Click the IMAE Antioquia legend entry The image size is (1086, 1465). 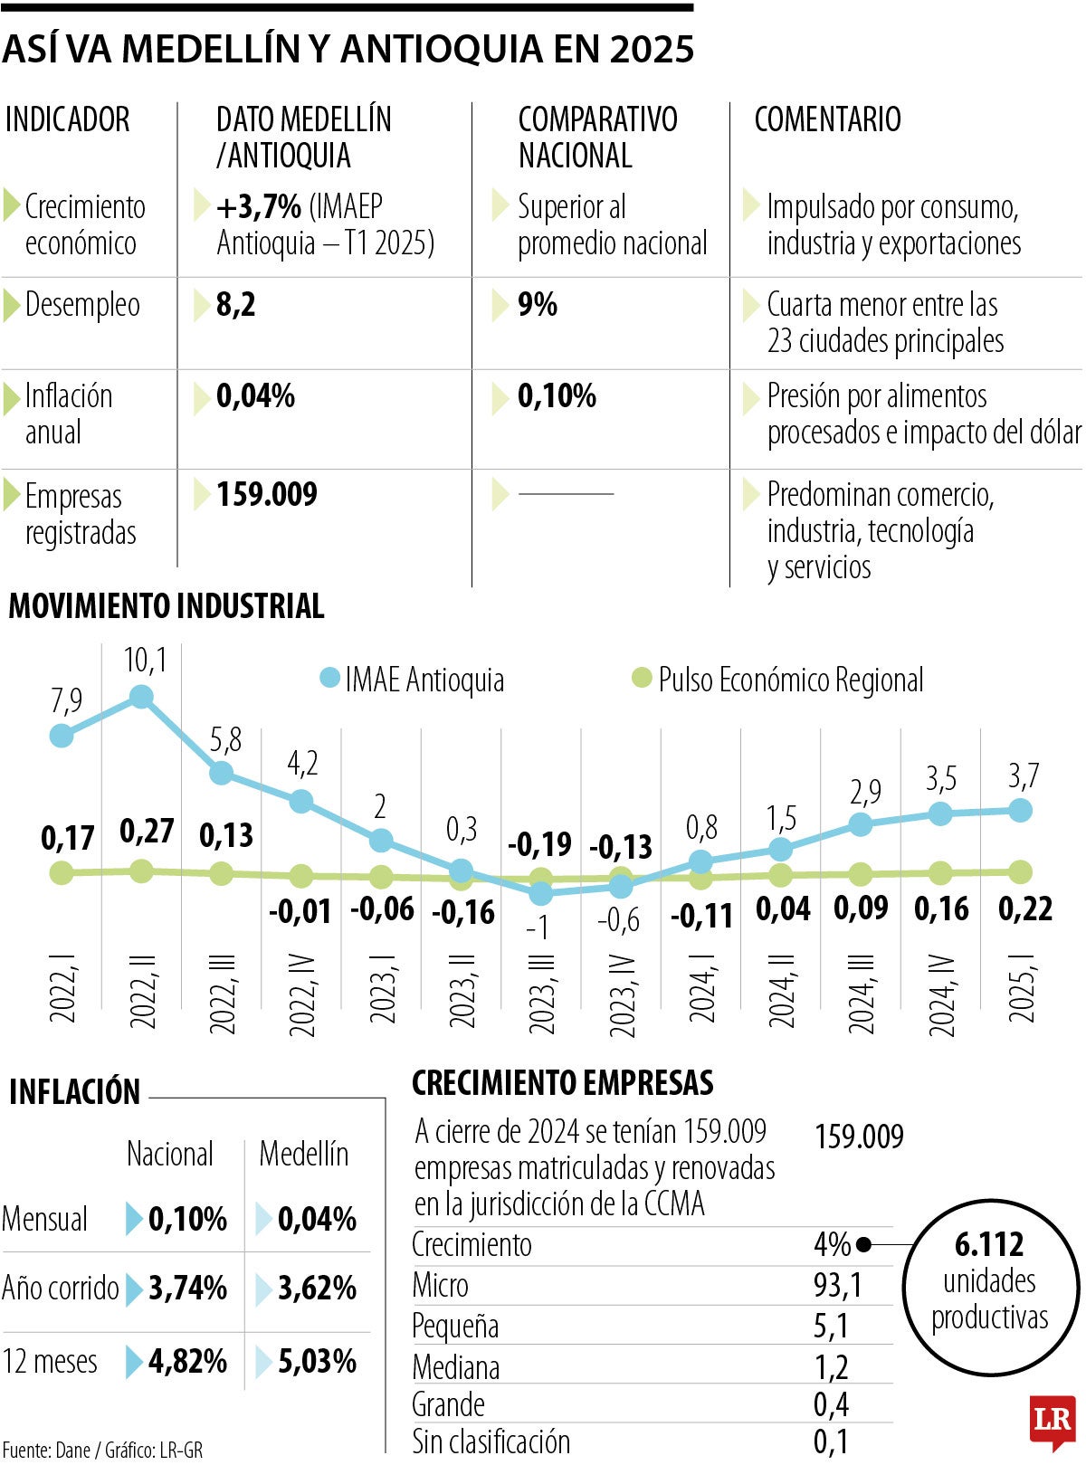(413, 680)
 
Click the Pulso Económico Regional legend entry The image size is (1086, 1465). (778, 680)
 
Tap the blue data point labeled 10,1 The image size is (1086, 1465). (141, 696)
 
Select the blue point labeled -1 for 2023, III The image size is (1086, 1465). (540, 893)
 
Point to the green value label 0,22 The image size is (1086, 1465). (1024, 908)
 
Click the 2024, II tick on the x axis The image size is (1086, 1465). (782, 990)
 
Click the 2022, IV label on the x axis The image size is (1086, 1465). (301, 994)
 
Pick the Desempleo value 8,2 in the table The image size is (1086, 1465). (236, 305)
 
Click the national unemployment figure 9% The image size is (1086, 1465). (537, 305)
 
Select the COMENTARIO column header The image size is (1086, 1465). (827, 119)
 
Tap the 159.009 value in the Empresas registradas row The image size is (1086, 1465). (267, 494)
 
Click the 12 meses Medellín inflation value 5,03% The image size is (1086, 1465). (317, 1361)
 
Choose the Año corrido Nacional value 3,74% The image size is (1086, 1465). (187, 1288)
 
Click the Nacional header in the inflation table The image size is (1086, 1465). (170, 1154)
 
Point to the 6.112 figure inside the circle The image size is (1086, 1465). (989, 1244)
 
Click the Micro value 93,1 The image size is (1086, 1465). (837, 1285)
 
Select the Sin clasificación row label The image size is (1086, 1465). (491, 1441)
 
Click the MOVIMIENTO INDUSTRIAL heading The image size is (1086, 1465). (167, 605)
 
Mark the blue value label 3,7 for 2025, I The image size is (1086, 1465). (1023, 775)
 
